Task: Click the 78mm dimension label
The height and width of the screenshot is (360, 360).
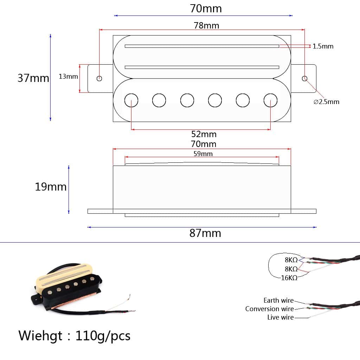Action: tap(206, 25)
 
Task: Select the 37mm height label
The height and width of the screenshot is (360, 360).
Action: tap(33, 78)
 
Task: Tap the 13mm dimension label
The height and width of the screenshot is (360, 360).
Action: tap(68, 76)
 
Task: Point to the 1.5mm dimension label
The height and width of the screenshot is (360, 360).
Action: tap(323, 46)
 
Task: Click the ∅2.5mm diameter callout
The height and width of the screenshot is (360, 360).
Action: tap(326, 102)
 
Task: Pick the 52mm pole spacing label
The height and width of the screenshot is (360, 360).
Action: tap(204, 134)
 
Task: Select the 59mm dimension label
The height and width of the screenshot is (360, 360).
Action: tap(203, 154)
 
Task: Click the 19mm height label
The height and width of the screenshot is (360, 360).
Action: tap(51, 187)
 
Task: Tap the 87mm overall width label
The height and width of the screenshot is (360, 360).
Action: tap(205, 233)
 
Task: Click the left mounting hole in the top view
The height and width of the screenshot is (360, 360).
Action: tap(99, 78)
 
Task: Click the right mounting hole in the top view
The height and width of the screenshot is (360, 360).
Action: tap(304, 78)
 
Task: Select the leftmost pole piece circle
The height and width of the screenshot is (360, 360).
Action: tap(131, 101)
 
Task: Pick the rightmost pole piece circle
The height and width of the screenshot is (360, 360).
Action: tap(270, 101)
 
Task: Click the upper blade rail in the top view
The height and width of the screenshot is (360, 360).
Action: tap(202, 46)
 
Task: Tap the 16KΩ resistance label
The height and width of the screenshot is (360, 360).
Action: tap(289, 278)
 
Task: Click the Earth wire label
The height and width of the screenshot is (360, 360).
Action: tap(278, 300)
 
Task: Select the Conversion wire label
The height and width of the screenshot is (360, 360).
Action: tap(269, 309)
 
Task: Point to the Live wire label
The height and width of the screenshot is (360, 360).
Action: tap(280, 317)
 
